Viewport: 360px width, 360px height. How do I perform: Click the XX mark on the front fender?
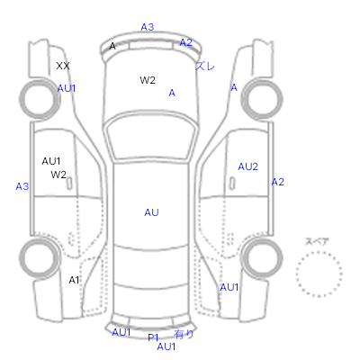coord(63,66)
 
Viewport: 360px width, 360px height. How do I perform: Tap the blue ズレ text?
coord(205,66)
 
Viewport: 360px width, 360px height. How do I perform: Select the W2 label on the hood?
coord(148,80)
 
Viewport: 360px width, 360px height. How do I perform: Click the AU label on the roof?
coord(151,212)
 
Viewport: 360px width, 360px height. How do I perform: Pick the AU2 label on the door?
coord(247,166)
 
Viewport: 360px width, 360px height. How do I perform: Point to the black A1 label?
coord(74,280)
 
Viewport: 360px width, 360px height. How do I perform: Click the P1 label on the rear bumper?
coord(153,337)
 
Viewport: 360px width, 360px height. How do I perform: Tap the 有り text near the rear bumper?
coord(184,334)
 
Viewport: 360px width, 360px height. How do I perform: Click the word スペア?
coord(317,241)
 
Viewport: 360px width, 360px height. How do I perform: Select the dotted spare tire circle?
coord(319,252)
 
